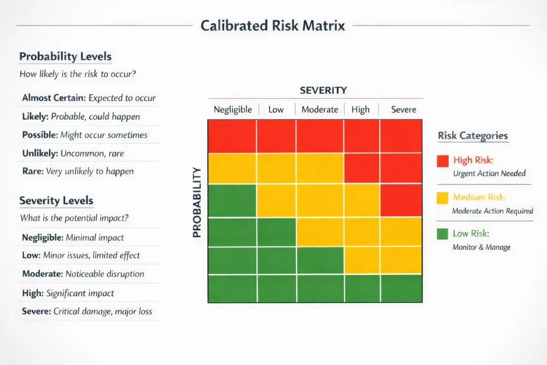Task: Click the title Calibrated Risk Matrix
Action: point(272,25)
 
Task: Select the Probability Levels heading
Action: point(65,57)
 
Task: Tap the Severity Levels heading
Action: point(56,201)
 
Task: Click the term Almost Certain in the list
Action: point(54,98)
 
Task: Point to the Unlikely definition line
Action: point(73,153)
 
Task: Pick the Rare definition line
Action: point(77,172)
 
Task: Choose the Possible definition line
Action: point(84,135)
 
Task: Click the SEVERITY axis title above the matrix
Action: point(323,90)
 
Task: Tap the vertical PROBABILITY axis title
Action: point(196,202)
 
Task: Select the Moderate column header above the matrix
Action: point(319,110)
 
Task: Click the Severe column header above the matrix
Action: point(403,110)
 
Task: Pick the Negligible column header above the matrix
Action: point(232,110)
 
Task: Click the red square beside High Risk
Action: point(442,161)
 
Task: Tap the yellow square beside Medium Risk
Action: point(442,198)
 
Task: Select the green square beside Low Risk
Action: point(442,234)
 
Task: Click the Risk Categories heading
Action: point(473,136)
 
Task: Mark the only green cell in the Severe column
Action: point(401,288)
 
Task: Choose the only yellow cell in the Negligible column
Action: point(232,168)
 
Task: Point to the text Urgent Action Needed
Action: point(489,173)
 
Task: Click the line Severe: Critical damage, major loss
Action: point(87,311)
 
